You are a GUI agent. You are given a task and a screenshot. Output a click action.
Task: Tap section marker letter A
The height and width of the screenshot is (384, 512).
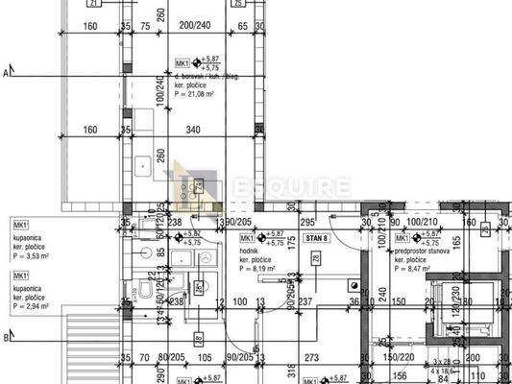tap(7, 72)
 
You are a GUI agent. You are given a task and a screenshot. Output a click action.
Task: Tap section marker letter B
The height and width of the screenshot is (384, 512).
tap(7, 337)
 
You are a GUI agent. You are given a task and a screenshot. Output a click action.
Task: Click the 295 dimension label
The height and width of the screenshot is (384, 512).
tap(307, 205)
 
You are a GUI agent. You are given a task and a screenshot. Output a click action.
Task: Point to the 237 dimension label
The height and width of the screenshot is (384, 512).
tap(304, 303)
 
